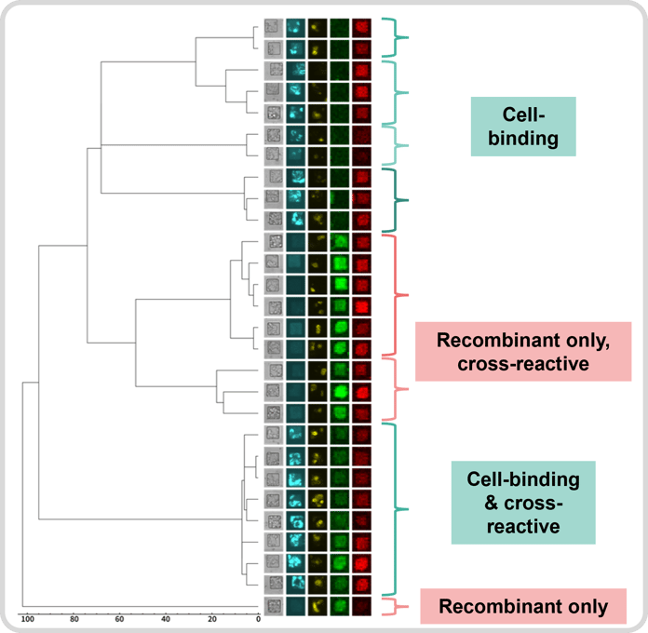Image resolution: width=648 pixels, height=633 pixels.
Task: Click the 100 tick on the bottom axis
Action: [x=27, y=618]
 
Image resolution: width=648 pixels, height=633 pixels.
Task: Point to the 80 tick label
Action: [x=74, y=618]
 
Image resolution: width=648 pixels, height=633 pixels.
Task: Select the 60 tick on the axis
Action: [x=120, y=618]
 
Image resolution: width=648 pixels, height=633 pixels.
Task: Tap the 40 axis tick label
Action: [x=166, y=618]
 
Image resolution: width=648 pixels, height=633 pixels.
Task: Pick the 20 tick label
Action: [x=212, y=618]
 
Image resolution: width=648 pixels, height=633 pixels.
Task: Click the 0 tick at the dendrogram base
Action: [x=258, y=618]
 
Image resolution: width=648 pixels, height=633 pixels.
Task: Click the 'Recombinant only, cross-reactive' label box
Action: [x=523, y=352]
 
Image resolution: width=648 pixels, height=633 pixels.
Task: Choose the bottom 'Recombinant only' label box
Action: [x=523, y=607]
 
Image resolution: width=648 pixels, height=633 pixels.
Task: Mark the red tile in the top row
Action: [x=361, y=28]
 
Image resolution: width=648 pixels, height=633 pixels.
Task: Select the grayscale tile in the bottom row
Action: [x=274, y=606]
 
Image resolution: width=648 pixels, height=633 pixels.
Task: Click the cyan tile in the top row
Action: [x=296, y=28]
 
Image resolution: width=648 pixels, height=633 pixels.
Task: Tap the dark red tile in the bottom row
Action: [x=361, y=606]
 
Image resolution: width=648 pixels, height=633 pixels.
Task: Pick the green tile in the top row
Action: [x=340, y=28]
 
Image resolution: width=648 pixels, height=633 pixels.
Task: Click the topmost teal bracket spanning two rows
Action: [x=399, y=38]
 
